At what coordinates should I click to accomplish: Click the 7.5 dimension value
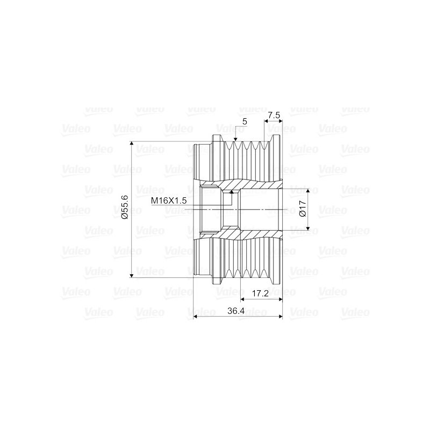(274, 116)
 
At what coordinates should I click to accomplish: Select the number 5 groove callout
(245, 121)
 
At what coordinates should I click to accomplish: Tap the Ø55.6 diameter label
(125, 207)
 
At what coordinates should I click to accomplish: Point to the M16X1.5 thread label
(169, 200)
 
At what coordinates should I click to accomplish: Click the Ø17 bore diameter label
(303, 209)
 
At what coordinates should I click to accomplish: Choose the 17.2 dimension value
(260, 293)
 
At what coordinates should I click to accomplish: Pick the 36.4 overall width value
(236, 311)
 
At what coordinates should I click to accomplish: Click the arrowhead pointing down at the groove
(235, 139)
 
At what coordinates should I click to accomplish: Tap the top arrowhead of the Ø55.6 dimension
(132, 144)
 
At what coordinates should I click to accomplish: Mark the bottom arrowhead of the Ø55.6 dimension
(132, 275)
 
